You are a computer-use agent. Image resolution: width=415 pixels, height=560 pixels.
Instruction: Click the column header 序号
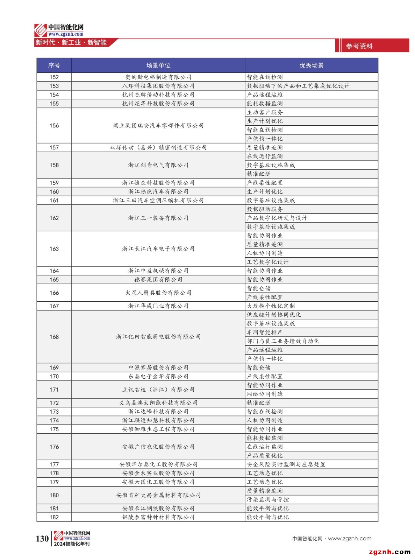pyautogui.click(x=54, y=65)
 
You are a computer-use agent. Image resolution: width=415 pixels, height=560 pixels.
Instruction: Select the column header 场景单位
pyautogui.click(x=158, y=65)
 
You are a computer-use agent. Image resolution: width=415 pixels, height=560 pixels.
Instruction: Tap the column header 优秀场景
pyautogui.click(x=311, y=65)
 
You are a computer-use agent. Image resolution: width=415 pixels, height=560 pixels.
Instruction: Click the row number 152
pyautogui.click(x=54, y=77)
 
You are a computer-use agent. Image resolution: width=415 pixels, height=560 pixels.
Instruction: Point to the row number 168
pyautogui.click(x=54, y=337)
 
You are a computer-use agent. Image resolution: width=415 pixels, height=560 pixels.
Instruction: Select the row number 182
pyautogui.click(x=54, y=517)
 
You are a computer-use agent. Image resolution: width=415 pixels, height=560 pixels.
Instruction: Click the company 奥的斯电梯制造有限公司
pyautogui.click(x=158, y=77)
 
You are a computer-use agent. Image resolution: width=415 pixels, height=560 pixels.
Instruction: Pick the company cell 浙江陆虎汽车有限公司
pyautogui.click(x=158, y=192)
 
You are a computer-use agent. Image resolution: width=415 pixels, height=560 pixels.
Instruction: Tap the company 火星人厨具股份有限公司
pyautogui.click(x=158, y=293)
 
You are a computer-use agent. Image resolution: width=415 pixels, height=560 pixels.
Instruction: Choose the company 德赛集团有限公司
pyautogui.click(x=158, y=280)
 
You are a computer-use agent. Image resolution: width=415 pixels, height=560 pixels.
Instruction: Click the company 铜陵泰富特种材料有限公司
pyautogui.click(x=158, y=517)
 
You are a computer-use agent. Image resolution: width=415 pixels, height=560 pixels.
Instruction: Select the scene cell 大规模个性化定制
pyautogui.click(x=271, y=306)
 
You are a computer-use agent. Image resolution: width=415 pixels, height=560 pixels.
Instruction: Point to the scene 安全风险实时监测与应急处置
pyautogui.click(x=286, y=464)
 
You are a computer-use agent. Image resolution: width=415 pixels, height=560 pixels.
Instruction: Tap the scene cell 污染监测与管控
pyautogui.click(x=268, y=500)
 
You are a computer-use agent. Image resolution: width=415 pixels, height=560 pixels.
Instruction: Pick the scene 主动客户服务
pyautogui.click(x=265, y=112)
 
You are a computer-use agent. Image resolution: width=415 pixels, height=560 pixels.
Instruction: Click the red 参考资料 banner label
pyautogui.click(x=359, y=46)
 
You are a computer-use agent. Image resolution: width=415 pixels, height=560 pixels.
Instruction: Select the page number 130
pyautogui.click(x=42, y=539)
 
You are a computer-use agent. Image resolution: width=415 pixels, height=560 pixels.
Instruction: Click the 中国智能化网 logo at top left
pyautogui.click(x=59, y=30)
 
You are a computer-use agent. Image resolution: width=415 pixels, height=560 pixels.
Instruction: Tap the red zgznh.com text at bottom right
pyautogui.click(x=389, y=552)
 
